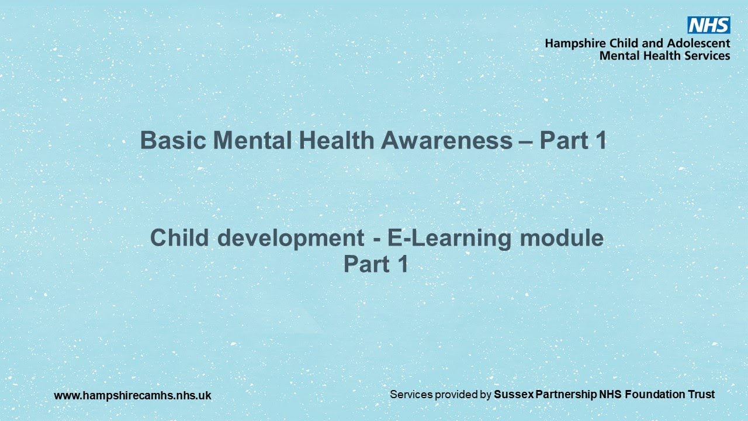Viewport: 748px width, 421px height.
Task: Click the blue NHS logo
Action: pyautogui.click(x=708, y=25)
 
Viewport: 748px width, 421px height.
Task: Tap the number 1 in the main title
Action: pyautogui.click(x=600, y=141)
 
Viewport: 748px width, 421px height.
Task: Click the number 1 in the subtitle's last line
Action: pyautogui.click(x=401, y=264)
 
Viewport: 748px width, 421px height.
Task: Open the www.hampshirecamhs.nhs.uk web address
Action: pyautogui.click(x=133, y=396)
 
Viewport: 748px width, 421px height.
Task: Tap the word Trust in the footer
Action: pyautogui.click(x=701, y=395)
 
